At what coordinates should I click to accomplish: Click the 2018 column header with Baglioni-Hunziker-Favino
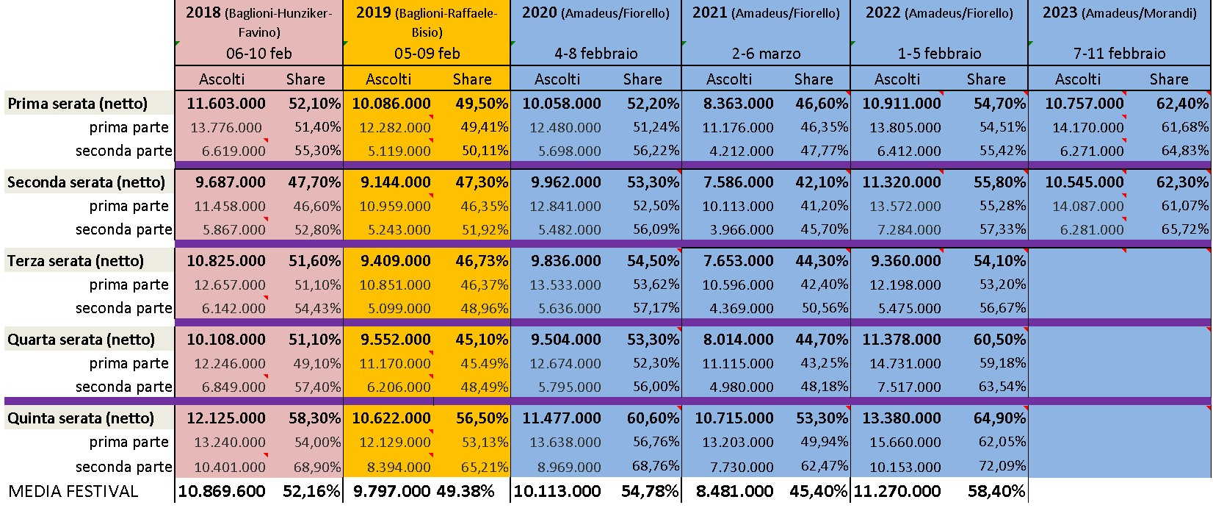tap(259, 22)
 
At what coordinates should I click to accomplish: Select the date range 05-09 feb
tap(427, 53)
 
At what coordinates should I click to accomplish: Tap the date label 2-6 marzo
tap(766, 53)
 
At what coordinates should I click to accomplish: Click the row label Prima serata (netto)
tap(77, 103)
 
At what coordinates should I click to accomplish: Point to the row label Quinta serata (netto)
tap(81, 418)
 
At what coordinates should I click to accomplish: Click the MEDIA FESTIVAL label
tap(73, 491)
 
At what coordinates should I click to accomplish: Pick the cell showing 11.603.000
tap(226, 103)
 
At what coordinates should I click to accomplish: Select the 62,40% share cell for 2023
tap(1182, 103)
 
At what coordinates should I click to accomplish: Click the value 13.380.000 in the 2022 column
tap(902, 418)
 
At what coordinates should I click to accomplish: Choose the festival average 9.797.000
tap(392, 491)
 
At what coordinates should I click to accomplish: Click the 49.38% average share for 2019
tap(466, 491)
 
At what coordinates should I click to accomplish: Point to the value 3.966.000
tap(742, 229)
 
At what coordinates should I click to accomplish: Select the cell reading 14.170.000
tap(1088, 127)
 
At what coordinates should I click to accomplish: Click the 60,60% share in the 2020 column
tap(653, 418)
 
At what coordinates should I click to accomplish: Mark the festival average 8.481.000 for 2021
tap(735, 491)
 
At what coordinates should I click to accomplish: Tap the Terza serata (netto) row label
tap(76, 261)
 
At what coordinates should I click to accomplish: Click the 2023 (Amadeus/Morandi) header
tap(1119, 12)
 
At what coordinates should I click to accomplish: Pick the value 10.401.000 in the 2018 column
tap(230, 466)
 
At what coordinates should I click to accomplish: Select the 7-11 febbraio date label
tap(1119, 53)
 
